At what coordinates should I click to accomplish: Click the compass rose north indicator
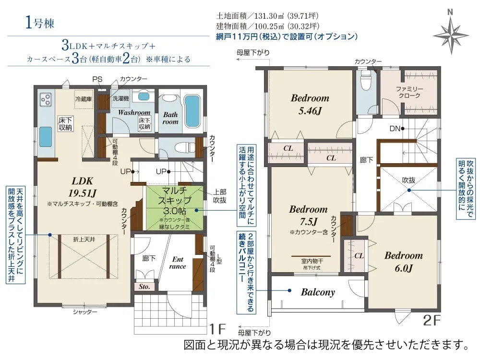click(451, 34)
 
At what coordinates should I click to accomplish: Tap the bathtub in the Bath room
click(192, 111)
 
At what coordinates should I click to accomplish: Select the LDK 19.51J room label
click(82, 187)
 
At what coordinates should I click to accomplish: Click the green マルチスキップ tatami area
click(175, 207)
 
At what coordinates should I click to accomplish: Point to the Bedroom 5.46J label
click(310, 104)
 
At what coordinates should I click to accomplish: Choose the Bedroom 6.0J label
click(404, 262)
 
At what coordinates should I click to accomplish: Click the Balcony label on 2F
click(318, 292)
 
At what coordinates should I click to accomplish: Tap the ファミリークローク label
click(409, 92)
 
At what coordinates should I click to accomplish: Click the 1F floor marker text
click(217, 329)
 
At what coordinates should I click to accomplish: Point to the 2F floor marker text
click(432, 320)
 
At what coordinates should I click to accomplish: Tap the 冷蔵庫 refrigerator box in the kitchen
click(84, 99)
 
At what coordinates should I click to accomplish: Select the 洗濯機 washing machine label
click(120, 98)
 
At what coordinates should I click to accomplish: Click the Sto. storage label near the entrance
click(144, 287)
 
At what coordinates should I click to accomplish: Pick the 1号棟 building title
click(40, 23)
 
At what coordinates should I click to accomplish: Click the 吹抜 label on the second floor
click(408, 180)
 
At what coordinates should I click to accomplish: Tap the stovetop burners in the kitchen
click(46, 99)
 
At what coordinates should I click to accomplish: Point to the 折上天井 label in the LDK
click(84, 240)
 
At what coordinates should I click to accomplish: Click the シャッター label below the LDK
click(85, 312)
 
